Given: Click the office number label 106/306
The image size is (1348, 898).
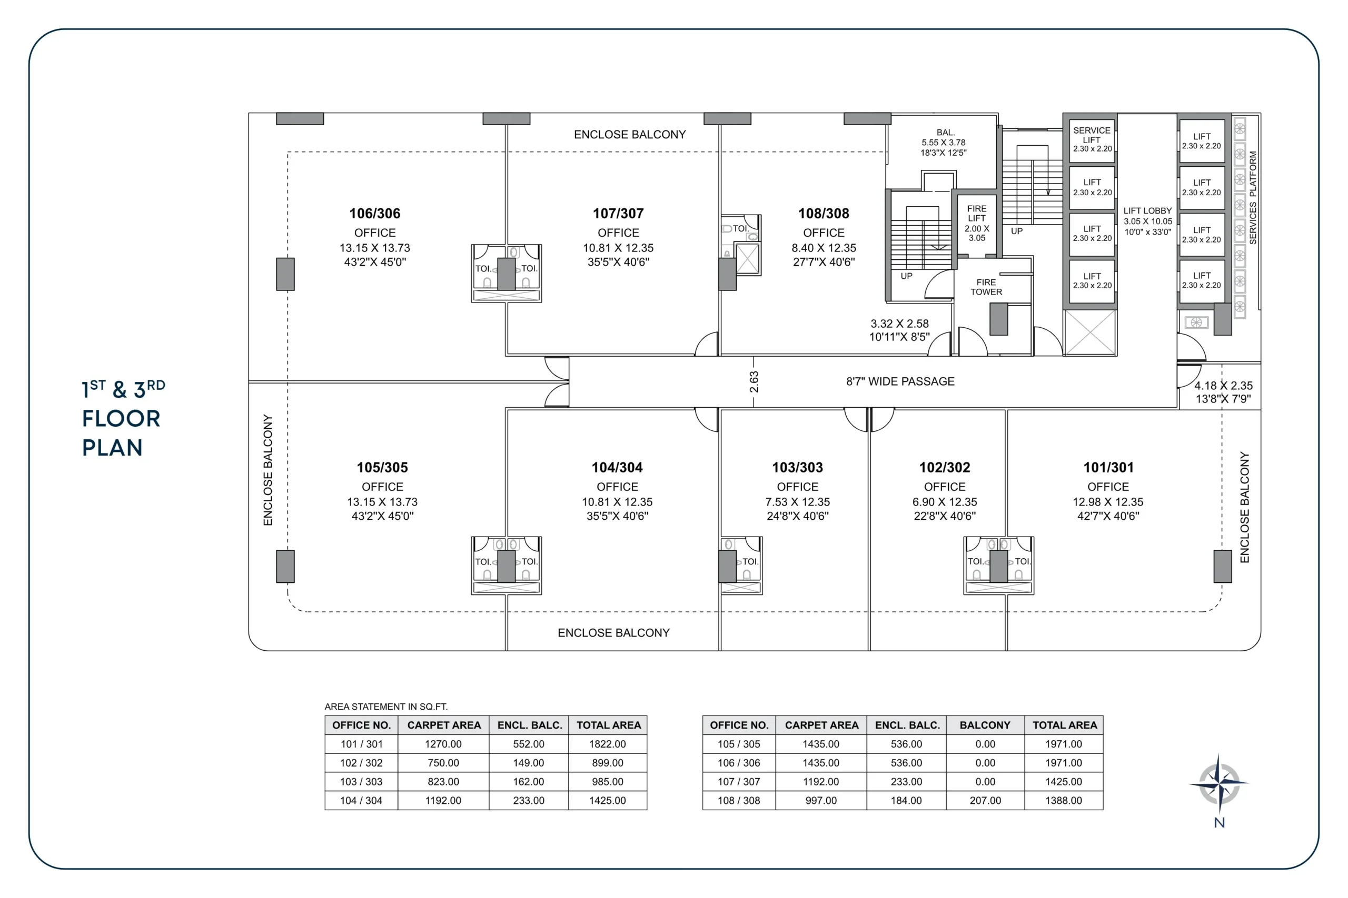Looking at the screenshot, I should click(375, 214).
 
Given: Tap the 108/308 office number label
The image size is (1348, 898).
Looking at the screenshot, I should click(824, 214).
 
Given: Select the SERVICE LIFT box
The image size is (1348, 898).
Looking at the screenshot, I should click(1092, 139).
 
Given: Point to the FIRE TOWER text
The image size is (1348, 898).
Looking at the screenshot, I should click(986, 287).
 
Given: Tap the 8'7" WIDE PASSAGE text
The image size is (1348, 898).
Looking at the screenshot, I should click(900, 381).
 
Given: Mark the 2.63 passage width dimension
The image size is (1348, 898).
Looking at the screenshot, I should click(754, 381).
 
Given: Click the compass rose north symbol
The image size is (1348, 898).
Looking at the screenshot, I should click(1219, 783).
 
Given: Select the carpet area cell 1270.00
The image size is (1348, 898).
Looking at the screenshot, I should click(443, 744).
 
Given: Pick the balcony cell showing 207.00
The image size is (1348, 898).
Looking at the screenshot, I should click(985, 801).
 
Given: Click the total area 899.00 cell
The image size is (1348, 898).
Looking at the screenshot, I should click(608, 763).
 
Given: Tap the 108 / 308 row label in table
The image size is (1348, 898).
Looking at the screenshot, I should click(739, 801).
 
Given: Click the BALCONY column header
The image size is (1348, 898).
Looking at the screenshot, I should click(985, 725).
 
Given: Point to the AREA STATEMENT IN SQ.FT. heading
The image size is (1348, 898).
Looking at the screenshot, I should click(386, 707).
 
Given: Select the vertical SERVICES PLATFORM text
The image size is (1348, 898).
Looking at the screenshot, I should click(1253, 198).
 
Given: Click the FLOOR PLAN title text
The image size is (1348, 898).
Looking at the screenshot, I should click(122, 433).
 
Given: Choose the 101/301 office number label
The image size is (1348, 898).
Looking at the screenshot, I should click(1108, 467).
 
